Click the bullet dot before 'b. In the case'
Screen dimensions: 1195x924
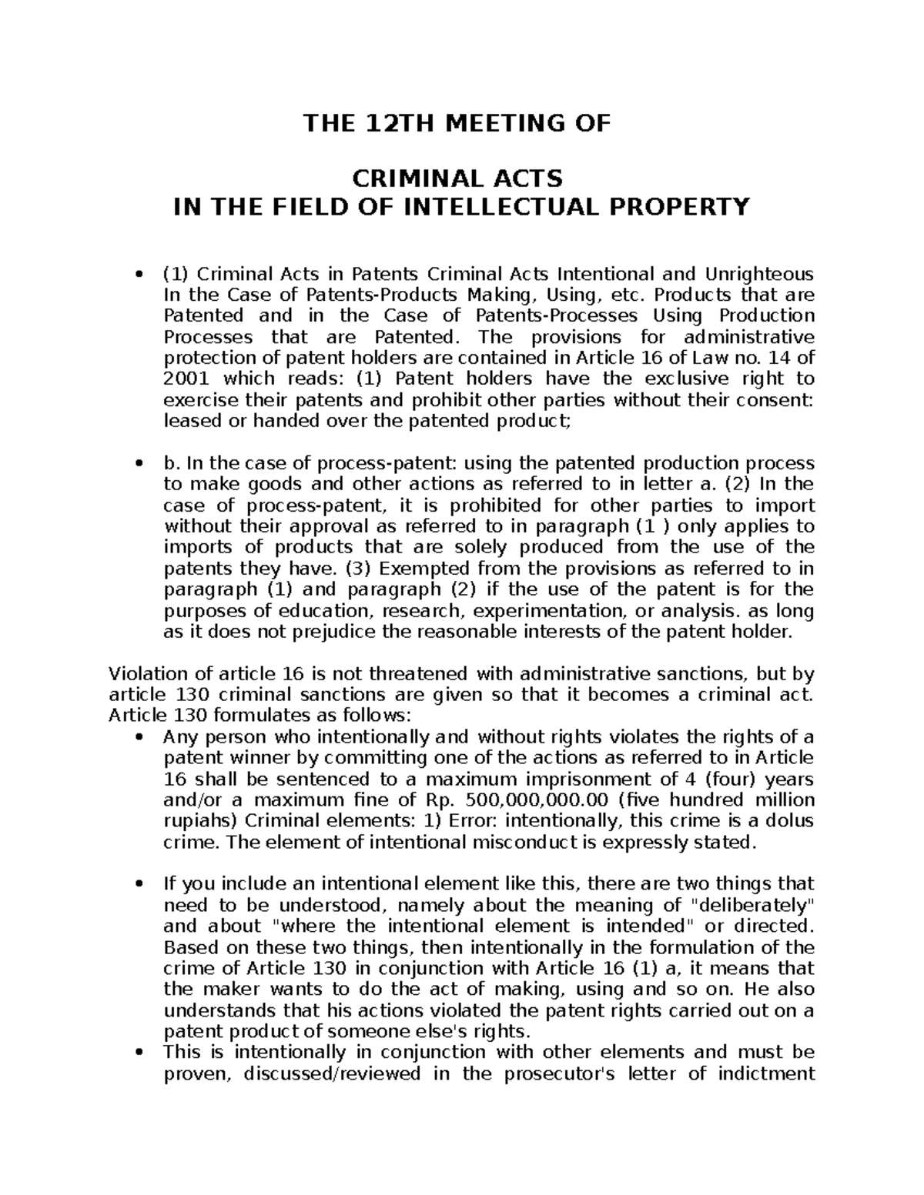[139, 464]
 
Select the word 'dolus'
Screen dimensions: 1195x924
[785, 820]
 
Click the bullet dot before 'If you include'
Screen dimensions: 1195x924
[139, 883]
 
